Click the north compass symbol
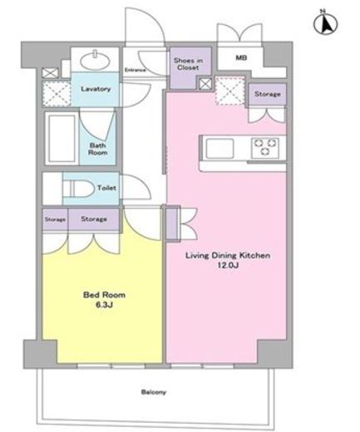coord(325,22)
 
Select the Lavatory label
coord(96,89)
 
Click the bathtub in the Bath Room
coord(62,139)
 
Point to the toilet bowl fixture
coord(78,189)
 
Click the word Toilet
coord(106,188)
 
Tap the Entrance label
coord(135,70)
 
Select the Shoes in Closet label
coord(188,64)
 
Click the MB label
coord(241,58)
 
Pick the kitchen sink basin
coord(219,149)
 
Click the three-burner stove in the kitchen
coord(265,148)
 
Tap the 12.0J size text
coord(228,265)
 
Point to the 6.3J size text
coord(104,305)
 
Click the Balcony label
coord(154,392)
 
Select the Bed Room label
coord(104,295)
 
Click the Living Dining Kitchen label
coord(228,255)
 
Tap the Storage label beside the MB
coord(268,94)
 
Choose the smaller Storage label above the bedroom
coord(55,219)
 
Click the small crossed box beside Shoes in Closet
coord(205,84)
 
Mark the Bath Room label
coord(98,149)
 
